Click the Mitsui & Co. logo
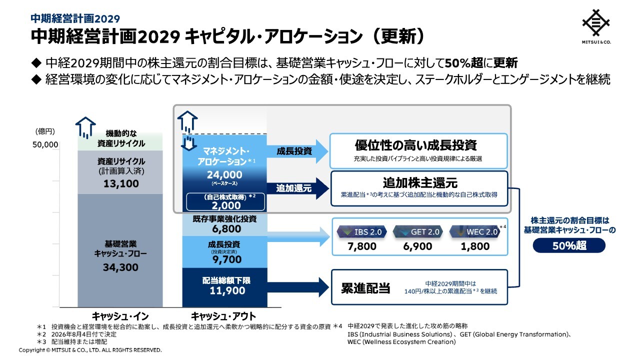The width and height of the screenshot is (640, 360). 596,26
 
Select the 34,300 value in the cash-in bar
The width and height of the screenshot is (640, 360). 120,267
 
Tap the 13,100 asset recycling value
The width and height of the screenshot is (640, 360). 121,183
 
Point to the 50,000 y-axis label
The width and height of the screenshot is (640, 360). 45,145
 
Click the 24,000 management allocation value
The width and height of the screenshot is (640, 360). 224,174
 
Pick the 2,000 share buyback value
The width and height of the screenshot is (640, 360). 226,205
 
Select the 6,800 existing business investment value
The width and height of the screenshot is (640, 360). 226,229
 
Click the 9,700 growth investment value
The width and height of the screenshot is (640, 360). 227,259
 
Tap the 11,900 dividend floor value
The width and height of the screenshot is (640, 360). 227,290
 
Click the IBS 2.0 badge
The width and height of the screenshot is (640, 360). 361,231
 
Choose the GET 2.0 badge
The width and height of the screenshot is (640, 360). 417,231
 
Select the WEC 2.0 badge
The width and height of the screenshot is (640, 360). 475,231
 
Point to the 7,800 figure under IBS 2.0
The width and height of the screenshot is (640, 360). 361,246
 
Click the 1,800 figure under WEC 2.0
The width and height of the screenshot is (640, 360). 475,246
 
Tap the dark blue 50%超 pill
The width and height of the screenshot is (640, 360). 569,245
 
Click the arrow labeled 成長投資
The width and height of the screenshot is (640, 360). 297,151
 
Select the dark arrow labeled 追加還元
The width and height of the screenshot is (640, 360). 297,188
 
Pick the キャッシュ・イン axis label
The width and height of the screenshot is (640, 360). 120,316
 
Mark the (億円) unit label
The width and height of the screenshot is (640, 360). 45,131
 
